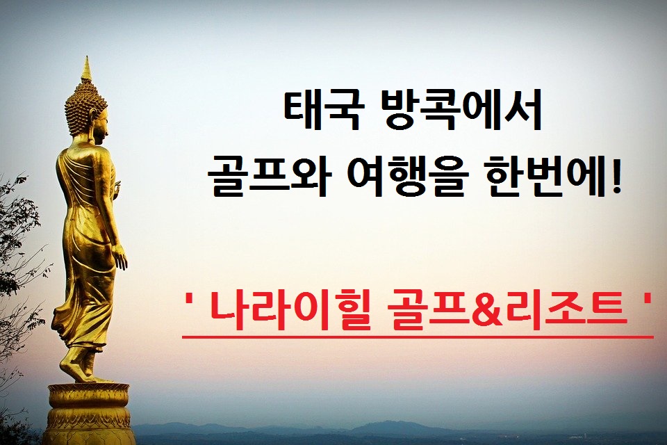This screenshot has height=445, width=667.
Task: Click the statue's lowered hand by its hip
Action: [120, 257]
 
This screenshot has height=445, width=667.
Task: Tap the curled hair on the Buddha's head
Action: [84, 107]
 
